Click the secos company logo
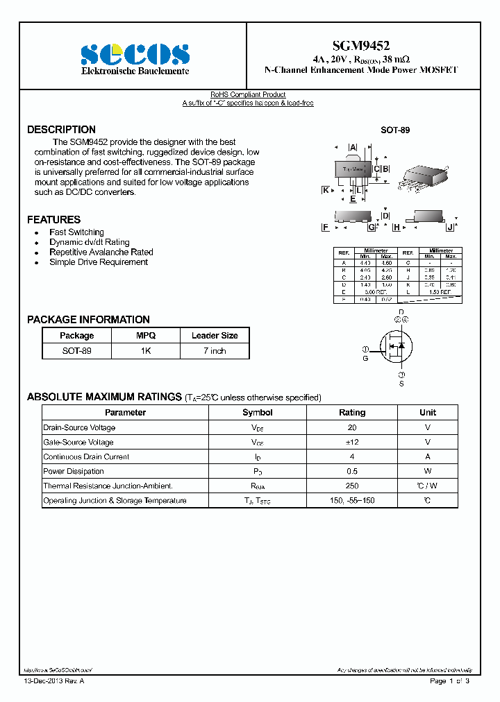click(x=135, y=54)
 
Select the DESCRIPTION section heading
click(x=61, y=130)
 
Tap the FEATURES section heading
click(x=53, y=220)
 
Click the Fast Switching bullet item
click(x=76, y=232)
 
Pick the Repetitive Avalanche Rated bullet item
click(x=101, y=252)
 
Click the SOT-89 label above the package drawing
click(x=392, y=130)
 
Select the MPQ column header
click(x=146, y=336)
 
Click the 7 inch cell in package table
click(x=215, y=351)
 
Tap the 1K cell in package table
click(x=146, y=351)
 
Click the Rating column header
click(x=352, y=413)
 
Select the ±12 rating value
click(x=352, y=443)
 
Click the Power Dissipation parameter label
click(x=73, y=472)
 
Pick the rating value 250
click(x=352, y=486)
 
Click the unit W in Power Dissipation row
click(x=428, y=472)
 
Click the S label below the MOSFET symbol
click(x=401, y=383)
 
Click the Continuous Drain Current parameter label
click(x=86, y=457)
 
